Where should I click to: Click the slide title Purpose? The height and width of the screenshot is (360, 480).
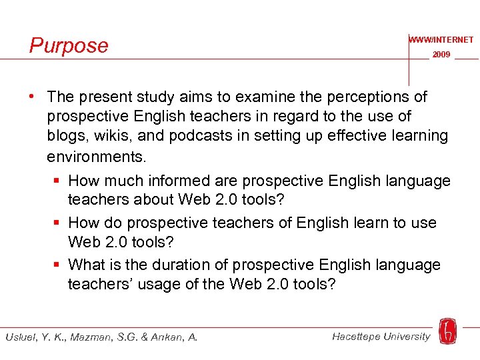tap(69, 45)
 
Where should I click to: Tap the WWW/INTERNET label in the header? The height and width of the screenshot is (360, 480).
tap(441, 40)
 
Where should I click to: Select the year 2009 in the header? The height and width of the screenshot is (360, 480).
tap(441, 55)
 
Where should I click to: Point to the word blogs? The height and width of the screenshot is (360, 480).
tap(67, 135)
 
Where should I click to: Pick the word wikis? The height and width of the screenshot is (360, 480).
tap(120, 135)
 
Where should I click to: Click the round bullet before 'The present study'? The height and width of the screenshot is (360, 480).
tap(32, 97)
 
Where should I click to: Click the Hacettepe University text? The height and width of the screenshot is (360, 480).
tap(381, 336)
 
